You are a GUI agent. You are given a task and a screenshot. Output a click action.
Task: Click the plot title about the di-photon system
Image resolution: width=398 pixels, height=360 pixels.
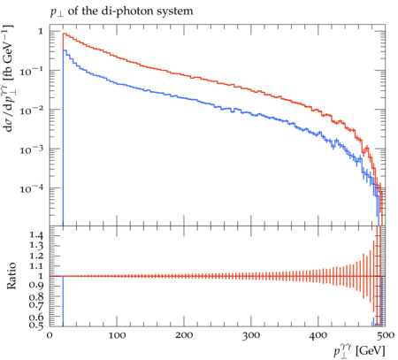tap(122, 11)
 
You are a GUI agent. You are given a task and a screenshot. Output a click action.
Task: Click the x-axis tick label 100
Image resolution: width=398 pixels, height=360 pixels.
tap(117, 335)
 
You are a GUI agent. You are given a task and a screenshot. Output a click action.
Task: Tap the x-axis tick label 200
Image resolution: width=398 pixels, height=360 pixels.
tap(184, 335)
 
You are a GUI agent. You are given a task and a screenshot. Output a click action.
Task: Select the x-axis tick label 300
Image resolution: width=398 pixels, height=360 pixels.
tap(251, 335)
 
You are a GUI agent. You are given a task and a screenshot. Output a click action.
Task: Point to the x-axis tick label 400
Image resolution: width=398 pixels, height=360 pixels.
tap(318, 335)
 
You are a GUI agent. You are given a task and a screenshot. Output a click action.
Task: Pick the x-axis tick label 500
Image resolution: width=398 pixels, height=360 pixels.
tap(386, 335)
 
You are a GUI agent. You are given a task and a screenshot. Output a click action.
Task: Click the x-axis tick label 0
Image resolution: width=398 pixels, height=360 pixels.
tap(50, 335)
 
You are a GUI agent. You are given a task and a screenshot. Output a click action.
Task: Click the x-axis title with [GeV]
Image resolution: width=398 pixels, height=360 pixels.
tap(359, 351)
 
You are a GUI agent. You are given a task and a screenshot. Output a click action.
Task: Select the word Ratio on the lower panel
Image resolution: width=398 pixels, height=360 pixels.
tap(11, 276)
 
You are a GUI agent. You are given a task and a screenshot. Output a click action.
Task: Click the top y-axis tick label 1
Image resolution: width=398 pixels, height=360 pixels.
tap(41, 31)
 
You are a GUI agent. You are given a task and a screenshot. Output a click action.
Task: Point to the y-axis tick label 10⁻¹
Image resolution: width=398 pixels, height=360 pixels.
tap(32, 71)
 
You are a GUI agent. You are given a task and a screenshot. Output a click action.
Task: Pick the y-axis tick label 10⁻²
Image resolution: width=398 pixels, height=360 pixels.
tap(32, 110)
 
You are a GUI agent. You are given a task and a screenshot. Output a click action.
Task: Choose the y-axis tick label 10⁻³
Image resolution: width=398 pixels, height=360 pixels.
tap(32, 149)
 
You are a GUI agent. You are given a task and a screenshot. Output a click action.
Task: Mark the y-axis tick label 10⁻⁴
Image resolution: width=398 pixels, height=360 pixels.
tap(32, 188)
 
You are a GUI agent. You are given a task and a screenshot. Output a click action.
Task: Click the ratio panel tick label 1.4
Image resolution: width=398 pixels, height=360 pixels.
tap(36, 235)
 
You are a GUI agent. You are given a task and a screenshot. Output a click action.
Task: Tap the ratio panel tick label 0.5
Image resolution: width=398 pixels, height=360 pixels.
tap(36, 325)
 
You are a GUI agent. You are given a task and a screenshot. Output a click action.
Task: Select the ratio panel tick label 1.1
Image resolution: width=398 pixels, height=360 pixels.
tap(36, 266)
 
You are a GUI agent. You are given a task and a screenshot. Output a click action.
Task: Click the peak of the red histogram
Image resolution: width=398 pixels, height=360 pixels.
tap(64, 34)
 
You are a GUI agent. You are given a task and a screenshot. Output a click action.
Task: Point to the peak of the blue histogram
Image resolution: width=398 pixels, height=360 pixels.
tap(64, 50)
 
